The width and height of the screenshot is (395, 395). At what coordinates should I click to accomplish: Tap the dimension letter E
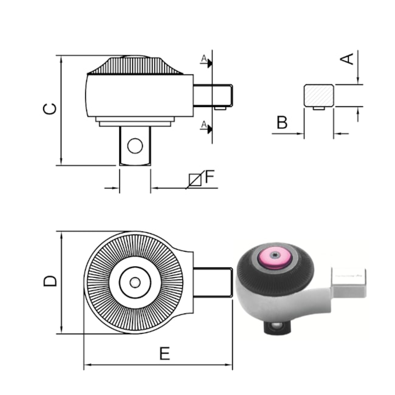point(164,354)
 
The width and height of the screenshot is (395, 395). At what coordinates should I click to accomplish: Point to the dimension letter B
point(281,123)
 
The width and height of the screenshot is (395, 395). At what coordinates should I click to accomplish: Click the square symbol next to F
point(194,179)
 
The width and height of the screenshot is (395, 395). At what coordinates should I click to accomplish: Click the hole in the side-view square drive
point(135,145)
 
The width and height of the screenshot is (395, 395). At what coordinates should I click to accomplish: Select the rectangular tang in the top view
point(213,282)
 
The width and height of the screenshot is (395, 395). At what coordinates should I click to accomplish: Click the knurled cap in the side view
point(134,65)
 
